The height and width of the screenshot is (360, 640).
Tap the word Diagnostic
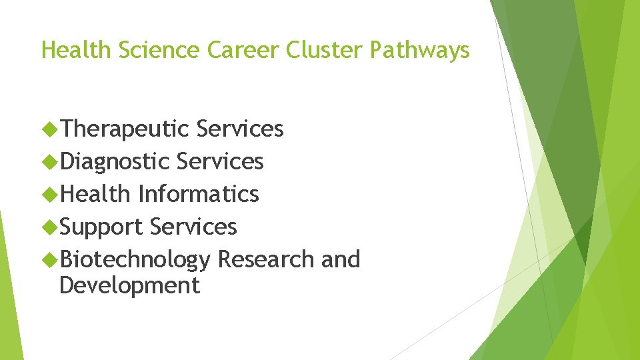tap(115, 161)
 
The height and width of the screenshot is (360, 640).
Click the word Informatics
tap(198, 194)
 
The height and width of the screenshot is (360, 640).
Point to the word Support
tap(101, 227)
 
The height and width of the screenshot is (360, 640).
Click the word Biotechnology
tap(135, 259)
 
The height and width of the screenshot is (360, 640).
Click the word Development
tap(129, 285)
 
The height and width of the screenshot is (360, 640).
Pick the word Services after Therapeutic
tap(240, 129)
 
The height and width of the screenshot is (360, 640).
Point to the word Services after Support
tap(193, 227)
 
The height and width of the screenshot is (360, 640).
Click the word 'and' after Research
tap(340, 259)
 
